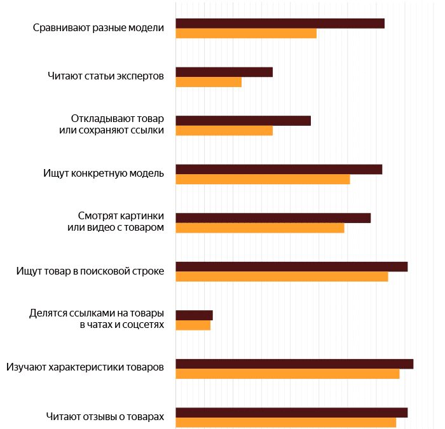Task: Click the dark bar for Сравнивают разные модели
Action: [280, 24]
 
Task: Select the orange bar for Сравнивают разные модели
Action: [246, 34]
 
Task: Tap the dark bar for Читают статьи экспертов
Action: [224, 72]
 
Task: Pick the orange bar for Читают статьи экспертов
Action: [209, 82]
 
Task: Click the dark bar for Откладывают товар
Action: [243, 121]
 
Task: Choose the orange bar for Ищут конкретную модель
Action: [263, 179]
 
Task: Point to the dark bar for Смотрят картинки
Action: [273, 218]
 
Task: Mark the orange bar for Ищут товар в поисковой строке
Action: [282, 276]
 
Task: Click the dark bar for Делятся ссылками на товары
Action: [194, 315]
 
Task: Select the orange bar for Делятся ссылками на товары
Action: [193, 325]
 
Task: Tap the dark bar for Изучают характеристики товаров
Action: [294, 364]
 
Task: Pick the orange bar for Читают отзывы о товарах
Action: [285, 423]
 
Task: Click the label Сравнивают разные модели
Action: [99, 28]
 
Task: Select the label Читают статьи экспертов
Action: [106, 77]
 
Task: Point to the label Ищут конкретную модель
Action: [104, 174]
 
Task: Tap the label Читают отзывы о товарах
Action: [105, 417]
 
